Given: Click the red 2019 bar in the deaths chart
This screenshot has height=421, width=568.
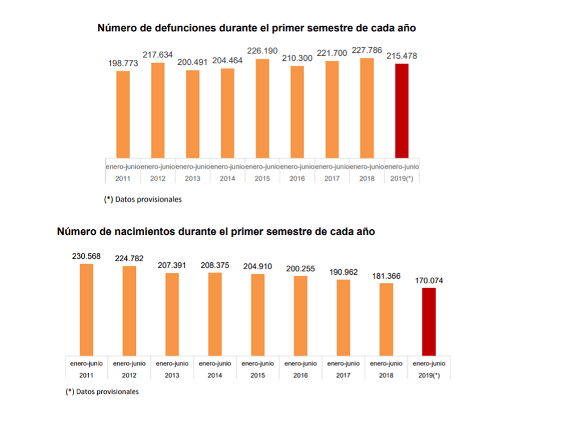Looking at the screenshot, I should (x=401, y=110).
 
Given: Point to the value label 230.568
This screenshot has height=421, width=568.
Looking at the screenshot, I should (x=86, y=256).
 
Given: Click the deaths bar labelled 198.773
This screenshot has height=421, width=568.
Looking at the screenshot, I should (x=123, y=114).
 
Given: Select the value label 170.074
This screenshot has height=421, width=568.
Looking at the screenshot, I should (x=429, y=280).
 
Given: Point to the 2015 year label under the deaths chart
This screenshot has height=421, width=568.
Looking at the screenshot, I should (x=262, y=178).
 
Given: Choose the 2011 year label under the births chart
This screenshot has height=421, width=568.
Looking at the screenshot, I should (x=86, y=375).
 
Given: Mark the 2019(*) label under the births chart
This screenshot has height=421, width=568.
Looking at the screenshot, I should (x=429, y=375).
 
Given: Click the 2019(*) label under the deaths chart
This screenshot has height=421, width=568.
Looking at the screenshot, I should (x=401, y=178).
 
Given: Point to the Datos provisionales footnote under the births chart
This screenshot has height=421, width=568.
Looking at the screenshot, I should (x=102, y=391).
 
